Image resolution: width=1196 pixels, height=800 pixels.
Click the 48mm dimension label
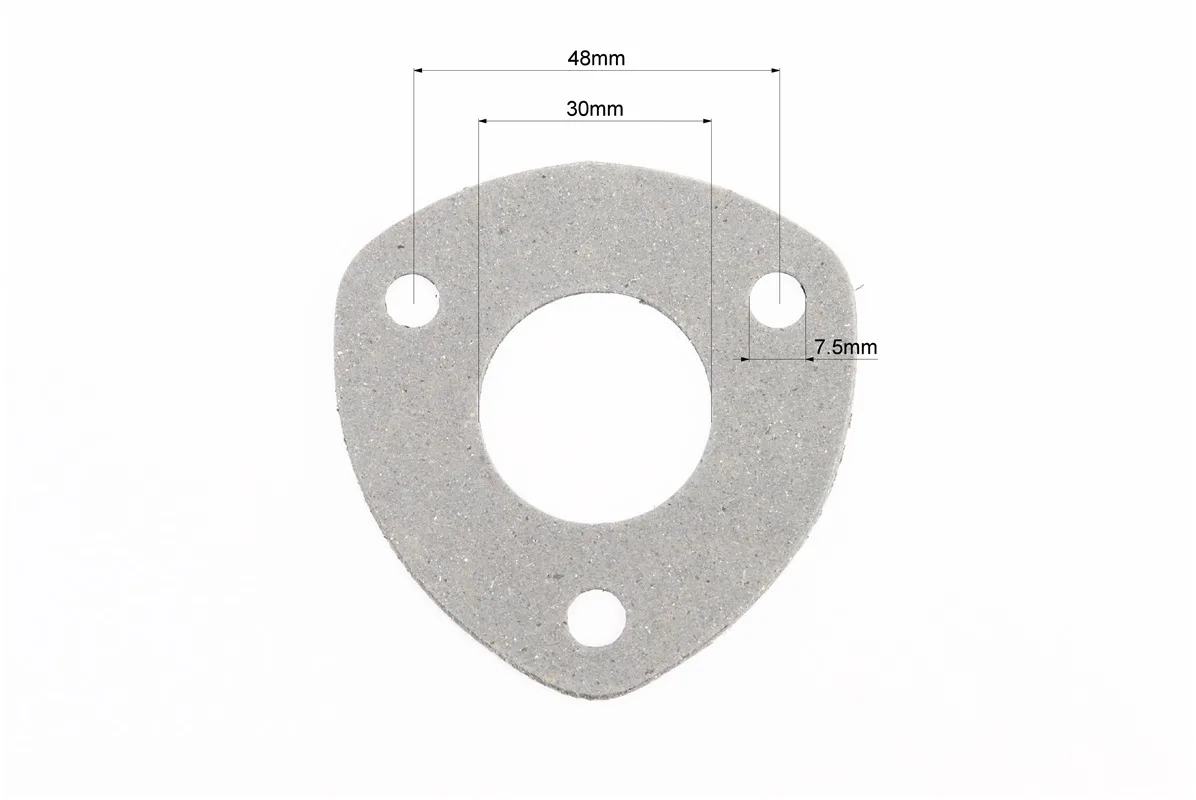pos(596,58)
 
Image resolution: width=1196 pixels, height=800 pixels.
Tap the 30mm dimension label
pos(594,109)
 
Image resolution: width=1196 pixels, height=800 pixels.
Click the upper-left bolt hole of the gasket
pos(413,300)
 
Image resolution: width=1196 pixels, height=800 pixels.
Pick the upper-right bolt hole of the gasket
pos(778,300)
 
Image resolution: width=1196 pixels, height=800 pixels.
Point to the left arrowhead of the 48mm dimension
pos(419,71)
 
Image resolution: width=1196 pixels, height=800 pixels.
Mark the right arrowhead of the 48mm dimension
pos(774,71)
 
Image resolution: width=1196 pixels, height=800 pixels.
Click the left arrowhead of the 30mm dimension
pos(484,120)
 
